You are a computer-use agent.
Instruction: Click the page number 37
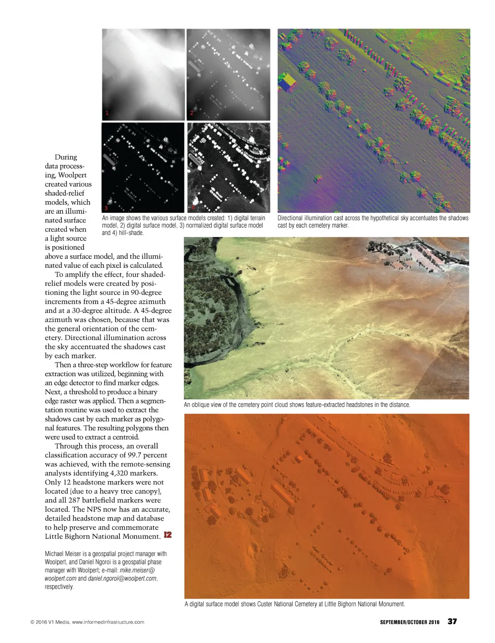tap(452, 621)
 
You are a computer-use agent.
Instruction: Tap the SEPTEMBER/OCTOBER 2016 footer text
tap(409, 622)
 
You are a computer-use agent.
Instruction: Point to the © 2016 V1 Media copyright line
tap(87, 622)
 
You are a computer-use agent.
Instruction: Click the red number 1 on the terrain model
tap(107, 113)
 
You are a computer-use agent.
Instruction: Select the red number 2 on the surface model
tap(191, 113)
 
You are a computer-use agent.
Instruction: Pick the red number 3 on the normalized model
tap(106, 207)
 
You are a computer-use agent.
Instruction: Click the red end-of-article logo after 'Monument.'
tap(168, 535)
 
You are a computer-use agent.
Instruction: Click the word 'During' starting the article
tap(66, 157)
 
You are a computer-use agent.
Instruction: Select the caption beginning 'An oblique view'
tap(297, 405)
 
